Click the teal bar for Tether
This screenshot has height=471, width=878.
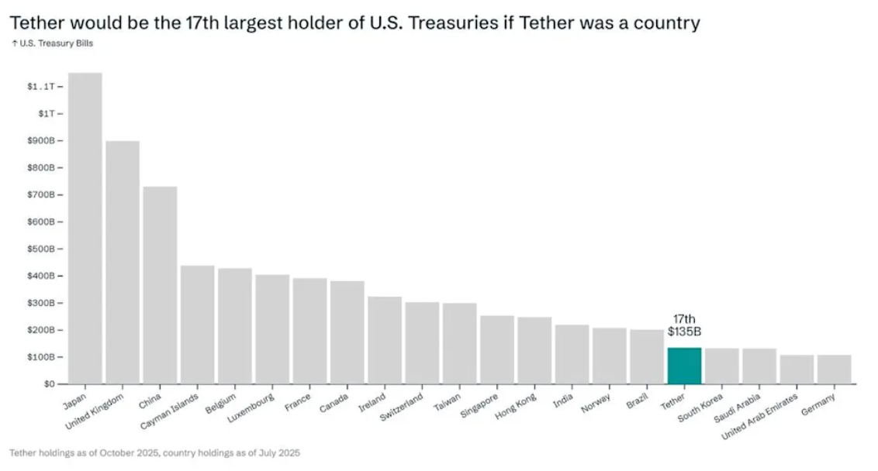point(684,366)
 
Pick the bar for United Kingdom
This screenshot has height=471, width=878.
point(123,263)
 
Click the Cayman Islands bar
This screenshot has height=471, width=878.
point(198,325)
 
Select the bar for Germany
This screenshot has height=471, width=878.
point(834,370)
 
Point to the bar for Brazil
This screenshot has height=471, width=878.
point(647,357)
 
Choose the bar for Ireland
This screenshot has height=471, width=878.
point(385,340)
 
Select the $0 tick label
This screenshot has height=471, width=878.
point(48,384)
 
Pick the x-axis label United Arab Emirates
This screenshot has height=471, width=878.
point(760,416)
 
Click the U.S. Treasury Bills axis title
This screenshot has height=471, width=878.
point(52,43)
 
